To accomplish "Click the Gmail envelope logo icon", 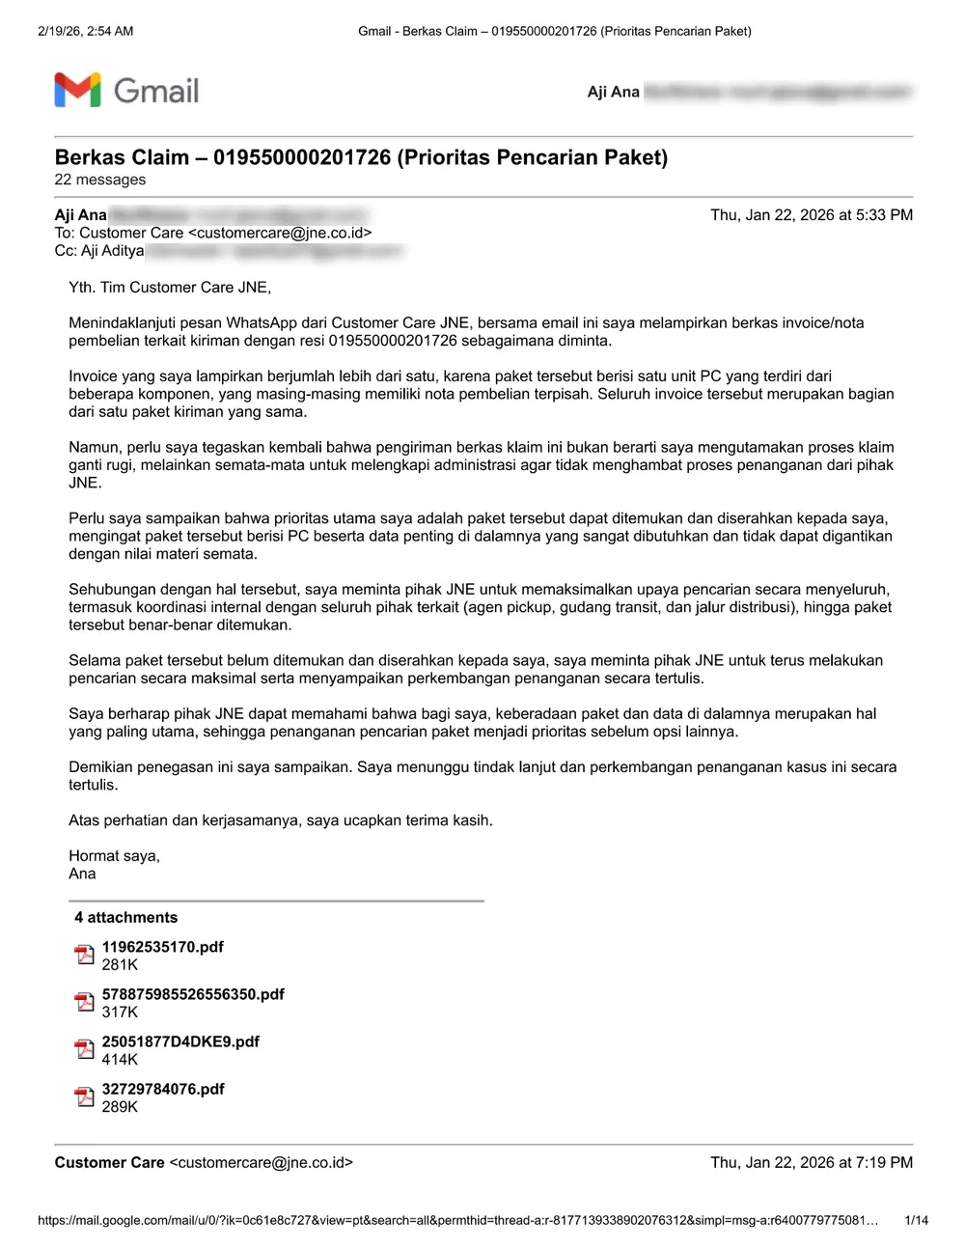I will tap(77, 90).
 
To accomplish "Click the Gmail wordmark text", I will tap(156, 91).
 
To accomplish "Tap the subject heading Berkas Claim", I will tap(361, 157).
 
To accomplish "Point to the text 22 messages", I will tap(100, 180).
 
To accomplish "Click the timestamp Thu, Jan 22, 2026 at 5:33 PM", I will tap(811, 215).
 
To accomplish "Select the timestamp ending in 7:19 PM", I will tap(811, 1162).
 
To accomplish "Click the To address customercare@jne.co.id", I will tap(280, 233).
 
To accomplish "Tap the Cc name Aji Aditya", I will tap(112, 251).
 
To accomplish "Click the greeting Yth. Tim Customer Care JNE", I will tap(170, 287).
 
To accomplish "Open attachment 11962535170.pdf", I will tap(162, 947).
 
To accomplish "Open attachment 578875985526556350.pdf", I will tap(193, 994).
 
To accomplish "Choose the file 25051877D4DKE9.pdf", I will tap(180, 1041).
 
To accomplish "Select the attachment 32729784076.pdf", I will tap(163, 1089).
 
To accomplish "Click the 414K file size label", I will tap(120, 1059).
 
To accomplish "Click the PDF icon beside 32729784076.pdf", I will tap(84, 1097).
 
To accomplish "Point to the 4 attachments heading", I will tap(125, 917).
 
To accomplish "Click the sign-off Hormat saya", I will tap(114, 855).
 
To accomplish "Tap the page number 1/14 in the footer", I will tap(916, 1220).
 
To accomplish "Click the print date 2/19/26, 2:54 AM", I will tap(86, 31).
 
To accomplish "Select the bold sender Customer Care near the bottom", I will tap(109, 1162).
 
